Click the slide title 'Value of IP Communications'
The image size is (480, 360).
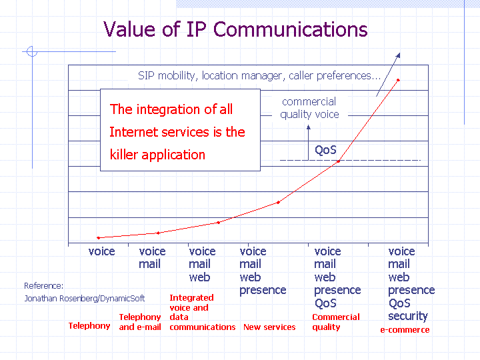(x=235, y=30)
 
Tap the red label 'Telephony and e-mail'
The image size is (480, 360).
(x=140, y=322)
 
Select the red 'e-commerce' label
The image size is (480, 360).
(x=405, y=330)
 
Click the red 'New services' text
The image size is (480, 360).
(x=269, y=327)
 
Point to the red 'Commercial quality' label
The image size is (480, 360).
(x=336, y=322)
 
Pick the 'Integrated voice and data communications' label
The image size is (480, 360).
(x=203, y=313)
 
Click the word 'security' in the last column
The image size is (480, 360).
(x=408, y=316)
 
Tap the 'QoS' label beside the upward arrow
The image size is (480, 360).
(x=325, y=150)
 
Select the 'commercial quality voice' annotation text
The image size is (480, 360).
(x=309, y=108)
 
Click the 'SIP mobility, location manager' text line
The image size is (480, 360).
(x=259, y=75)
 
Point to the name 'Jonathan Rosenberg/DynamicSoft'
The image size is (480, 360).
(x=85, y=299)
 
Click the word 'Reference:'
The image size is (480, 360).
(x=44, y=286)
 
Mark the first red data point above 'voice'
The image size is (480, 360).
(x=98, y=238)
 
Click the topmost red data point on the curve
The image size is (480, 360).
(x=398, y=80)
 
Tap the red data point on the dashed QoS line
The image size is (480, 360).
(x=338, y=161)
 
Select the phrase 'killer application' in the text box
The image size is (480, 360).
(x=157, y=155)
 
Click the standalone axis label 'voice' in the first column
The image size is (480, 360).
(x=101, y=251)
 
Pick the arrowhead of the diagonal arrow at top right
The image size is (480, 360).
(x=398, y=55)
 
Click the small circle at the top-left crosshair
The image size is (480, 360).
(x=32, y=51)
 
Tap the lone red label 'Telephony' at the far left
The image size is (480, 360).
(x=89, y=326)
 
